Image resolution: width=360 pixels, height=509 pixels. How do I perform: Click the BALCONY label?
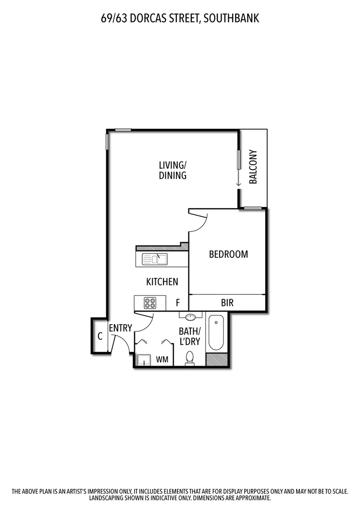click(253, 167)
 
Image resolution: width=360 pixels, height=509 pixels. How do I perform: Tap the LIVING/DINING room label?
click(173, 170)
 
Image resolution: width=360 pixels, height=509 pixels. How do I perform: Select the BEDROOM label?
click(228, 254)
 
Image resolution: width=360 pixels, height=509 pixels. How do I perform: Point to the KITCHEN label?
click(162, 282)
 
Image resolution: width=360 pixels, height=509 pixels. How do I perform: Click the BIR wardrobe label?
click(227, 303)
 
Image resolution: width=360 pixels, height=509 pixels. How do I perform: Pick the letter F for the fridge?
click(178, 303)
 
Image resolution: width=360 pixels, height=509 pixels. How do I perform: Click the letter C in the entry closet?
click(100, 336)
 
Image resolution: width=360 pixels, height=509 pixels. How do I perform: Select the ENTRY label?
click(120, 328)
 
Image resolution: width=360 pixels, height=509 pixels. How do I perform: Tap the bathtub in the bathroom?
click(215, 332)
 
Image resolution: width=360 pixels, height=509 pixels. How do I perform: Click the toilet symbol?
click(189, 358)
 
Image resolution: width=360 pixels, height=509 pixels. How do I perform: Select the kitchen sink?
click(155, 259)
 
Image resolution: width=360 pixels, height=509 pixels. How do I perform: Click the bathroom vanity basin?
click(191, 316)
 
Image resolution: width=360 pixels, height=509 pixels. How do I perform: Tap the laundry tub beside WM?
click(144, 360)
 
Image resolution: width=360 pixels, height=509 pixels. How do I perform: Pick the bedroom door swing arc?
click(202, 223)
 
